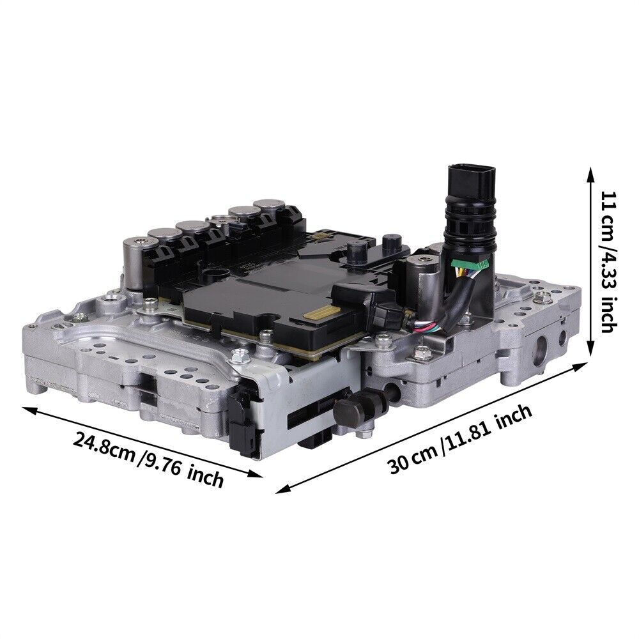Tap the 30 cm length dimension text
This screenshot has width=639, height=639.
tap(412, 459)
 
